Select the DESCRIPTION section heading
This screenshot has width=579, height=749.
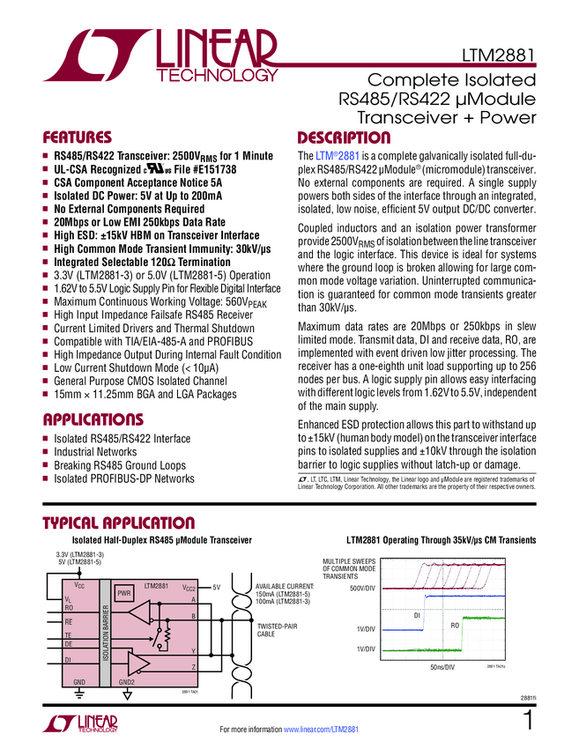[344, 137]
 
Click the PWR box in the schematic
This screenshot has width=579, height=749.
[124, 594]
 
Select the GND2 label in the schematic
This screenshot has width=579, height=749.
[127, 681]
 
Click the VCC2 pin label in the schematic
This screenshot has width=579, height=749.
[188, 586]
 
